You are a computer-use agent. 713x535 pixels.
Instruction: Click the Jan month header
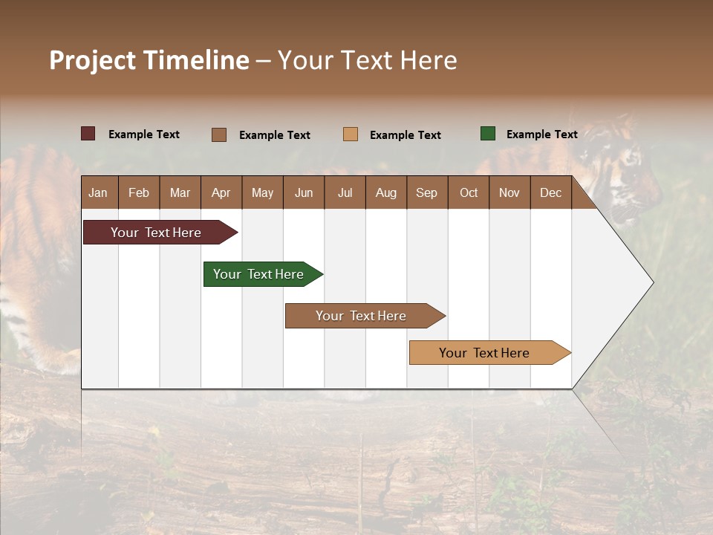click(98, 192)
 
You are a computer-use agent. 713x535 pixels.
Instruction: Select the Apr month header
click(221, 192)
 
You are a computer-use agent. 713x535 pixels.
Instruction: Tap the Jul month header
click(345, 192)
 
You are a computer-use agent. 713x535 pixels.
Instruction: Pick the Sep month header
click(426, 192)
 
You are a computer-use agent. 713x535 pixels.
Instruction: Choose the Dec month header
click(550, 192)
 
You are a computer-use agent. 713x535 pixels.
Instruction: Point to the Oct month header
click(469, 192)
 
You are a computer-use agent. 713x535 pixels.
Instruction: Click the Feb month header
click(139, 192)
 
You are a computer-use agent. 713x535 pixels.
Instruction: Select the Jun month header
click(304, 192)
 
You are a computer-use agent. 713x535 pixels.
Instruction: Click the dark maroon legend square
click(88, 134)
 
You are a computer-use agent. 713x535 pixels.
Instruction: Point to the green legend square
click(488, 134)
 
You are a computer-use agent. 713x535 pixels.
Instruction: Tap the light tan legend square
click(351, 134)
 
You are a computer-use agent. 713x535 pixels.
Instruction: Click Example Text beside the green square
click(541, 134)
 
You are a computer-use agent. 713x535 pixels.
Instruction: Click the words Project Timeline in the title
click(149, 60)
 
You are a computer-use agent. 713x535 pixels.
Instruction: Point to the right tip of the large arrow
click(652, 282)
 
